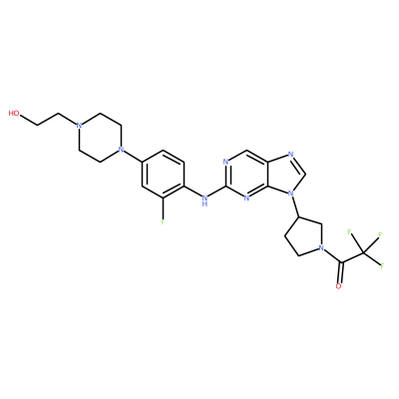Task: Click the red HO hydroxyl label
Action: point(14,114)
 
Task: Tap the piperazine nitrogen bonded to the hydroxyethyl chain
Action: point(79,126)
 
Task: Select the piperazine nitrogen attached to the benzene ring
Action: point(121,151)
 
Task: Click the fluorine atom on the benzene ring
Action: point(163,221)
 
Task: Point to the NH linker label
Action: point(204,199)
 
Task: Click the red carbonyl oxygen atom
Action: point(338,286)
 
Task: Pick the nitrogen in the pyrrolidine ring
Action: point(321,248)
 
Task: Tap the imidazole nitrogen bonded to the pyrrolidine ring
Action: point(291,193)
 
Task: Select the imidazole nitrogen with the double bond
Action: point(291,155)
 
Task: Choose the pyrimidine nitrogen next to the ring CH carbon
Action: point(225,163)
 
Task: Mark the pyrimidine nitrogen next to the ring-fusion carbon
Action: point(246,199)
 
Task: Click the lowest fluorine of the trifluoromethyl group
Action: point(382,266)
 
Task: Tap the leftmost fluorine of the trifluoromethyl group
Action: point(349,231)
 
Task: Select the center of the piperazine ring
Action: point(100,138)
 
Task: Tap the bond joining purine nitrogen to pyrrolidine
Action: point(295,204)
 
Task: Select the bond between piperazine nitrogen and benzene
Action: point(132,157)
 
